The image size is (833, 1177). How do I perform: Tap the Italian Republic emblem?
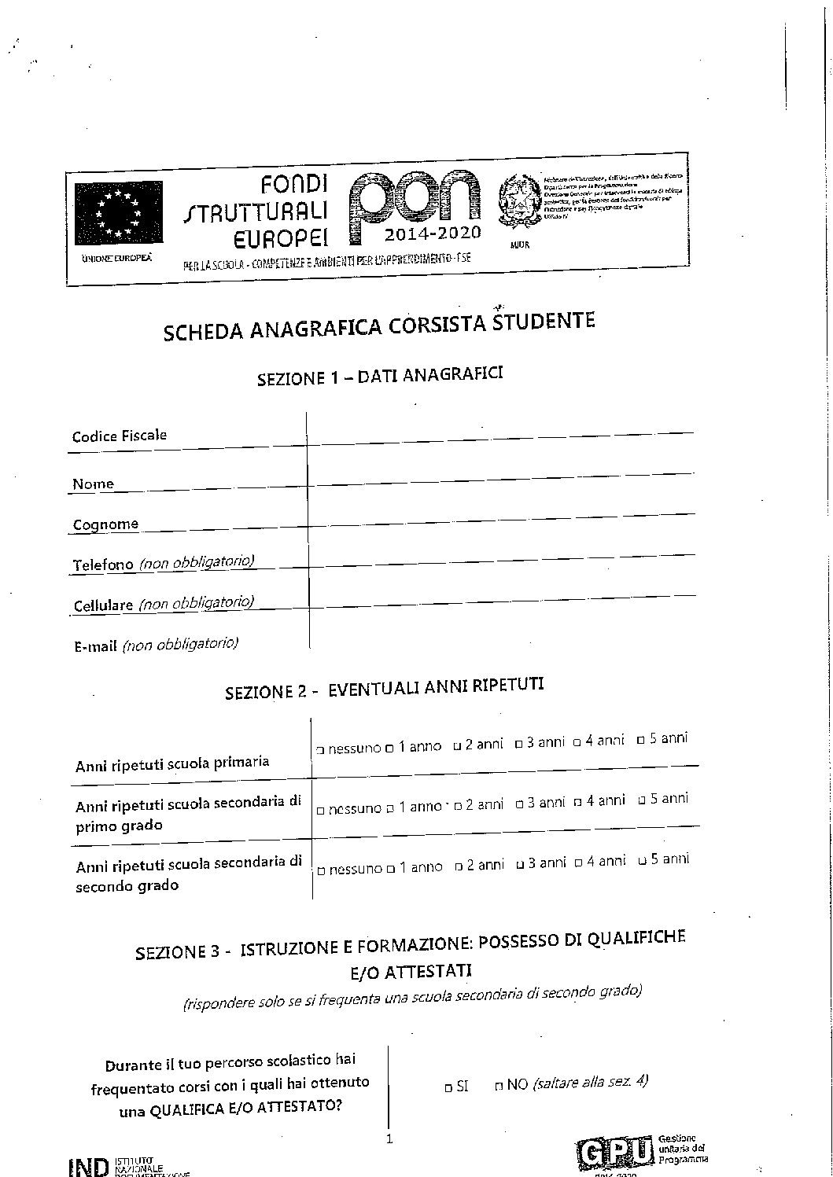point(519,205)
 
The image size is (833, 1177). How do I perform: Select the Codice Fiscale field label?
point(120,436)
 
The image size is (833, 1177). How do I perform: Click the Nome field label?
point(93,484)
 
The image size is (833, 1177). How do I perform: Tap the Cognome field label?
point(105,524)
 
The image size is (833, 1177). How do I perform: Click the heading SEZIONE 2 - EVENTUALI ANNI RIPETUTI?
point(384,689)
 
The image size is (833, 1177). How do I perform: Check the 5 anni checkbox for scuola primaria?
point(641,740)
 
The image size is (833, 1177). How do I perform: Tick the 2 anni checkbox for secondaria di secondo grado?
point(458,866)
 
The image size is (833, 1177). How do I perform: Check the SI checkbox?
point(448,1087)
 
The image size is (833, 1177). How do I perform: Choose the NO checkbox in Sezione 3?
point(499,1086)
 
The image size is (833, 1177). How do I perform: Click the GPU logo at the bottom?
point(615,1152)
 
